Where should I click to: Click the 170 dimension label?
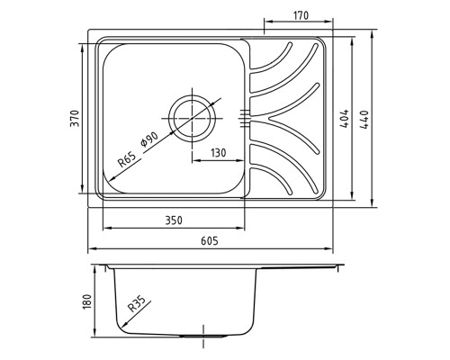tap(301, 15)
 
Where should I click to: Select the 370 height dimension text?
tap(75, 119)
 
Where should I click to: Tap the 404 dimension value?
tap(345, 119)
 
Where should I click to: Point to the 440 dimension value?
tap(364, 120)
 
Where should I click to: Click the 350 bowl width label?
tap(174, 220)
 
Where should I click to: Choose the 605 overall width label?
tap(210, 240)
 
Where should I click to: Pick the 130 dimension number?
tap(218, 153)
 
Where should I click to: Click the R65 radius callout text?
tap(127, 159)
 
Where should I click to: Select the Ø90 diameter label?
tap(149, 139)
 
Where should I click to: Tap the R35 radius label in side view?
tap(137, 303)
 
